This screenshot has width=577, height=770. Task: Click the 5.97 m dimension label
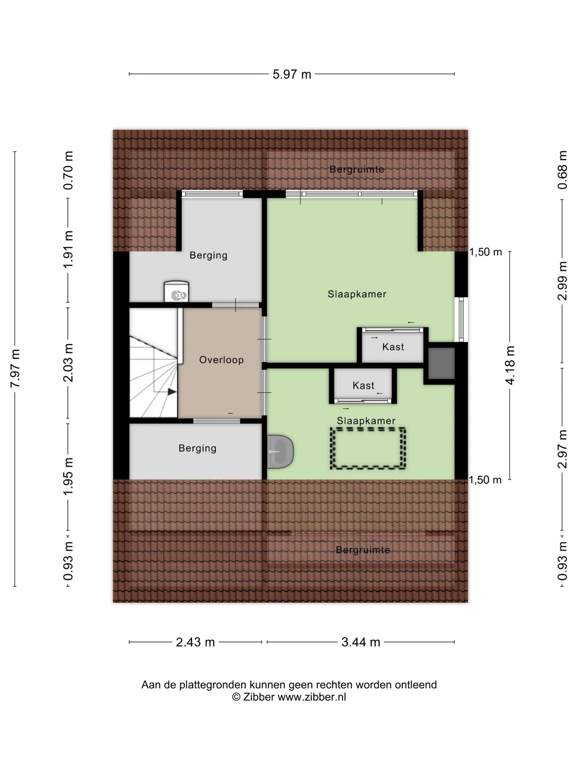point(292,74)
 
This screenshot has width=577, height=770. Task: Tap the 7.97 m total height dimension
point(15,369)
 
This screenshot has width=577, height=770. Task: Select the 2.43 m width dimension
point(196,642)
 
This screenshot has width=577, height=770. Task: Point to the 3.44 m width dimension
point(361,642)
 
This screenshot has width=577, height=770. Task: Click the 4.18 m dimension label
point(510,365)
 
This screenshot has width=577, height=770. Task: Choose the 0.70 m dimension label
point(69,170)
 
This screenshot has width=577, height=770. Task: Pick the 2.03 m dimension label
point(69,363)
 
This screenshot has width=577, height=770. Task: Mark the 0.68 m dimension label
point(562,170)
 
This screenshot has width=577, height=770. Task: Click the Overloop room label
point(222,360)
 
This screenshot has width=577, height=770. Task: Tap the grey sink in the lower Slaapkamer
point(280,451)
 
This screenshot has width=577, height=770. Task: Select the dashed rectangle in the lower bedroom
point(368,448)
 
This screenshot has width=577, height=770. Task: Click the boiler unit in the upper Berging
point(176,292)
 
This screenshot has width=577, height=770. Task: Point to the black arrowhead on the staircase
point(172,392)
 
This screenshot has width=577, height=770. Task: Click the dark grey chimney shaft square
point(442,363)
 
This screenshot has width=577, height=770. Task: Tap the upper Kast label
point(393,347)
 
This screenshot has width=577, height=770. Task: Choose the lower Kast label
point(363,385)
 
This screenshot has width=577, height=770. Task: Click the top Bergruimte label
point(357,169)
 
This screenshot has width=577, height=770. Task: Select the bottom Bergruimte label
point(363,550)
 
